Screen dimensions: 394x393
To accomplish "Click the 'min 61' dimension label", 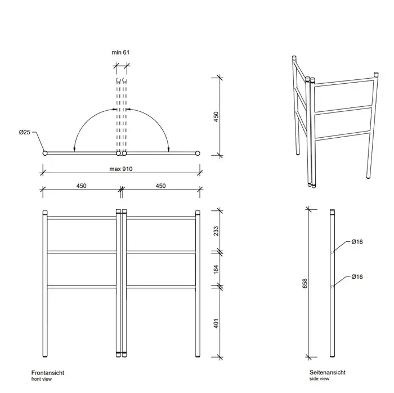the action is (120, 52).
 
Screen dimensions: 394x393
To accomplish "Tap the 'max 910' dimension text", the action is (121, 169).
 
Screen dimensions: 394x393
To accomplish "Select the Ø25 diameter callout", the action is (24, 132).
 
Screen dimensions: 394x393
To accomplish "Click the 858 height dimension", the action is (305, 283).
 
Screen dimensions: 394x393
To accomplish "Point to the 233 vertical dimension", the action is (216, 231).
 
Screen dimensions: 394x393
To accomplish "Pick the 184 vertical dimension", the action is (216, 269).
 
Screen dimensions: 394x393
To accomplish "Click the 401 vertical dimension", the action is (216, 323).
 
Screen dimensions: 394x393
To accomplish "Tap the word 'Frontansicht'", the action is (48, 373).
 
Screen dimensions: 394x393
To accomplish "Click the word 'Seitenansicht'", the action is (328, 372).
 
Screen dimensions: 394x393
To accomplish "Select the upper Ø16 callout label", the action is (357, 242).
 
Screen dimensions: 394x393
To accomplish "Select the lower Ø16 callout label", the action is (357, 277).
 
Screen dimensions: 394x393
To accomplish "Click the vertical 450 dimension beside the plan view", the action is (216, 117).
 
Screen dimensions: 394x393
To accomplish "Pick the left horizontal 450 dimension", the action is (81, 186).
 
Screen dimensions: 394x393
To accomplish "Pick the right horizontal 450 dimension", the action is (160, 186).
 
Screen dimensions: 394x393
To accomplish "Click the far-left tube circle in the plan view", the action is (45, 153).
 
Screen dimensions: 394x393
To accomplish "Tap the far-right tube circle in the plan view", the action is (198, 153).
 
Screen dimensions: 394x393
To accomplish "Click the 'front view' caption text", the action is (42, 379).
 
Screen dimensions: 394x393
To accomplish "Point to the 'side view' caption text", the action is (319, 379).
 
